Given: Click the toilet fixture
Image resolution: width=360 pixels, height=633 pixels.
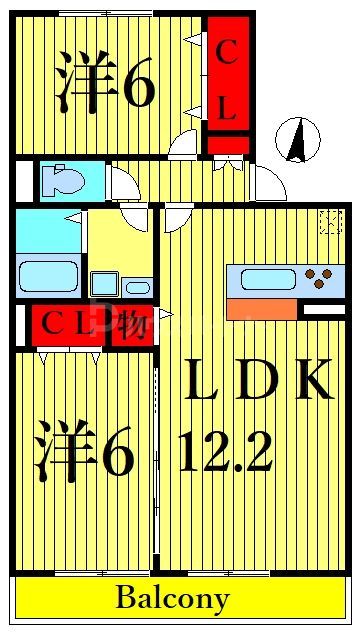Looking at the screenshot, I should (x=62, y=180).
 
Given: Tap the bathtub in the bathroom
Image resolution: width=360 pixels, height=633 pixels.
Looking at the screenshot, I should (x=48, y=274).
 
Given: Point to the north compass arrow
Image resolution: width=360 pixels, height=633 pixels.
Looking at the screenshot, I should (x=297, y=139).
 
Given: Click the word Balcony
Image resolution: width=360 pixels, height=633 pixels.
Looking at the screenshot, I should (x=172, y=599).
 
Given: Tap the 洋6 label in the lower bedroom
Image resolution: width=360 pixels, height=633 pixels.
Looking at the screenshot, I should (x=84, y=451).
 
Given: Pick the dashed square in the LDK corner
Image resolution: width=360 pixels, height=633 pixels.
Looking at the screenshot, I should (x=329, y=221).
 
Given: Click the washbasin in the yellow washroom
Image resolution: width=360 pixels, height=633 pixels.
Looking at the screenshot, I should (x=104, y=284).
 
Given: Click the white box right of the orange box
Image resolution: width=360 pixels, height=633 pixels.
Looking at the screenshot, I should (x=323, y=309).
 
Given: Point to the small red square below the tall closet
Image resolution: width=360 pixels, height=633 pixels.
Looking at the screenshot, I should (x=227, y=144).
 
